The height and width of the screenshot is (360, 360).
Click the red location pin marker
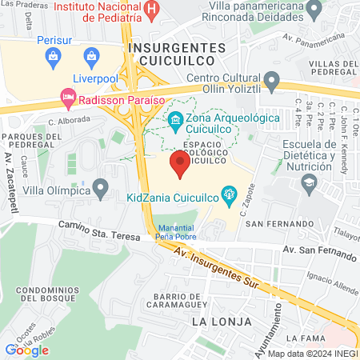(181, 166)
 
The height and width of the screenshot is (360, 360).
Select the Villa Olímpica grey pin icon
(101, 189)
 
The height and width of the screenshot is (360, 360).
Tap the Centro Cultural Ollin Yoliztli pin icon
(271, 80)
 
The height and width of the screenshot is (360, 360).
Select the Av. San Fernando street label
(319, 253)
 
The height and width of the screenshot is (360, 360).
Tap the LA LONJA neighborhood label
(222, 322)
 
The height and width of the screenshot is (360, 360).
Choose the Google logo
(26, 350)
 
